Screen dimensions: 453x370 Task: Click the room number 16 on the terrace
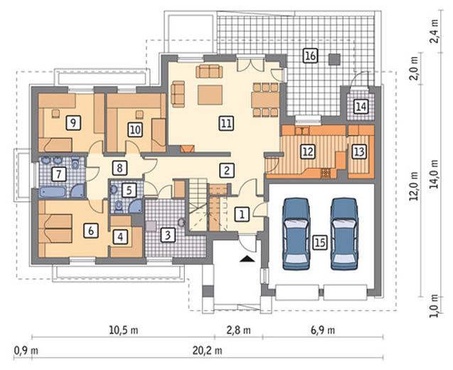tap(310, 55)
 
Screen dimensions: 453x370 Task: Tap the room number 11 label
tap(226, 123)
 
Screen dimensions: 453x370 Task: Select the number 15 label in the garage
tap(320, 242)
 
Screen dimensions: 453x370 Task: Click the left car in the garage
tap(296, 234)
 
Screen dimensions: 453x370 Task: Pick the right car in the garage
tap(345, 234)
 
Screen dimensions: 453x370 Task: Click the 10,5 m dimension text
tap(123, 330)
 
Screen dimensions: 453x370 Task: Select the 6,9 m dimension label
tap(323, 330)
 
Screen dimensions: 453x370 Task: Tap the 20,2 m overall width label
tap(208, 350)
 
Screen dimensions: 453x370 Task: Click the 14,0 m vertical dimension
tap(433, 174)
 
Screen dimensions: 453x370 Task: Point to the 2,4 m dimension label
tap(433, 31)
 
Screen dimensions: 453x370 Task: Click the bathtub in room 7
tap(54, 192)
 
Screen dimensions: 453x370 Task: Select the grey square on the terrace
tap(335, 59)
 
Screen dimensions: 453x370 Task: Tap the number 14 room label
tap(361, 107)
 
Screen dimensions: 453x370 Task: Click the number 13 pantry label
tap(359, 152)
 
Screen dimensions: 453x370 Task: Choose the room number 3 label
tap(168, 235)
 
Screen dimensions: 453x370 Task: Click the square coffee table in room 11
tap(210, 95)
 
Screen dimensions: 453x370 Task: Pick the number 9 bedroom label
tap(73, 123)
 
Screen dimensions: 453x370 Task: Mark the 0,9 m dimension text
tap(26, 350)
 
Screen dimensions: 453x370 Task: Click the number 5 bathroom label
tap(129, 190)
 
